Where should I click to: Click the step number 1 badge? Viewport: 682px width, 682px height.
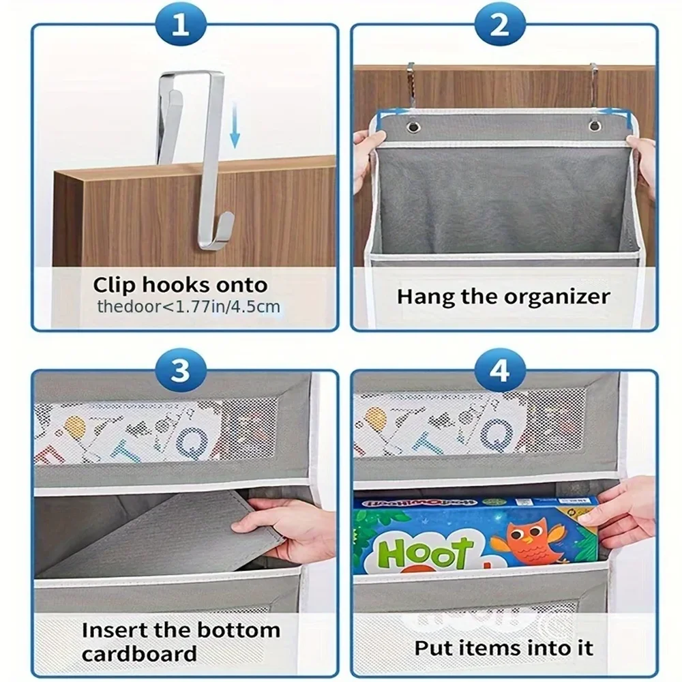[x=180, y=25]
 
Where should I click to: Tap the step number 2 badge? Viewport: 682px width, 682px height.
[x=500, y=25]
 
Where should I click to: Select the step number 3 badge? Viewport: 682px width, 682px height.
[x=180, y=372]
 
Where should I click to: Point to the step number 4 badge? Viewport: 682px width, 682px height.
[x=500, y=372]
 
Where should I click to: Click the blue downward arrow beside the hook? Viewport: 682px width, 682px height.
[x=235, y=125]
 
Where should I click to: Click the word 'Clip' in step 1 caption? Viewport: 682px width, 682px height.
[x=114, y=284]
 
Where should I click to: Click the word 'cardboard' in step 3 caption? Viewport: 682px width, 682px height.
[x=139, y=653]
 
